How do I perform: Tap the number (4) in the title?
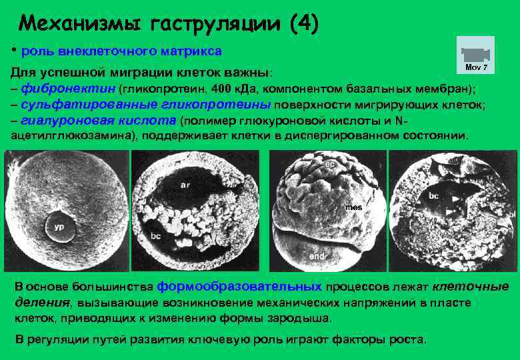(305, 24)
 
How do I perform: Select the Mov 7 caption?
(476, 68)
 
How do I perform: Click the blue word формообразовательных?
(239, 287)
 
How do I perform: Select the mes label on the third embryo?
(353, 207)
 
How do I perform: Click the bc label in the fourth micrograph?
(433, 197)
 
